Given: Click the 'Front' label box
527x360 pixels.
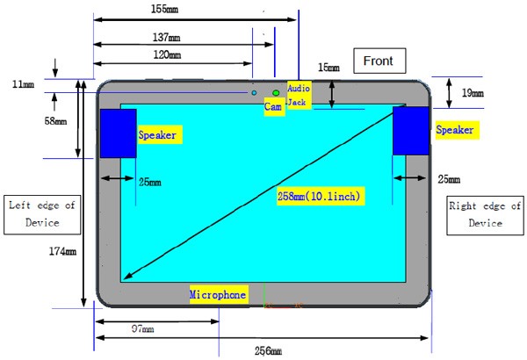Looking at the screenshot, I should click(x=380, y=61).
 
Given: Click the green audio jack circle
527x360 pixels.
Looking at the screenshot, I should click(x=276, y=93).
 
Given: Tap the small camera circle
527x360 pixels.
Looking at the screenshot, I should click(x=255, y=92).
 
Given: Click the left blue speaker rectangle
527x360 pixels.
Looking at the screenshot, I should click(x=118, y=133).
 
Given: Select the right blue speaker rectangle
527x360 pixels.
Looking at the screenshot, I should click(x=409, y=131).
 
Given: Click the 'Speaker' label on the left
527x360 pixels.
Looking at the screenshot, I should click(x=159, y=135).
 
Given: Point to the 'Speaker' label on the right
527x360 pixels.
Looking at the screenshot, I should click(x=455, y=130).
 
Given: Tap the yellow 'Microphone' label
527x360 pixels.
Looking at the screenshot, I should click(x=218, y=295).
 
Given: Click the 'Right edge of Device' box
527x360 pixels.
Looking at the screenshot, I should click(x=485, y=215).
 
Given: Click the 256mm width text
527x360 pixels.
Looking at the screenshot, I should click(x=268, y=351).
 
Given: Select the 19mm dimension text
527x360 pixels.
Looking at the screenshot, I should click(x=473, y=91).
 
